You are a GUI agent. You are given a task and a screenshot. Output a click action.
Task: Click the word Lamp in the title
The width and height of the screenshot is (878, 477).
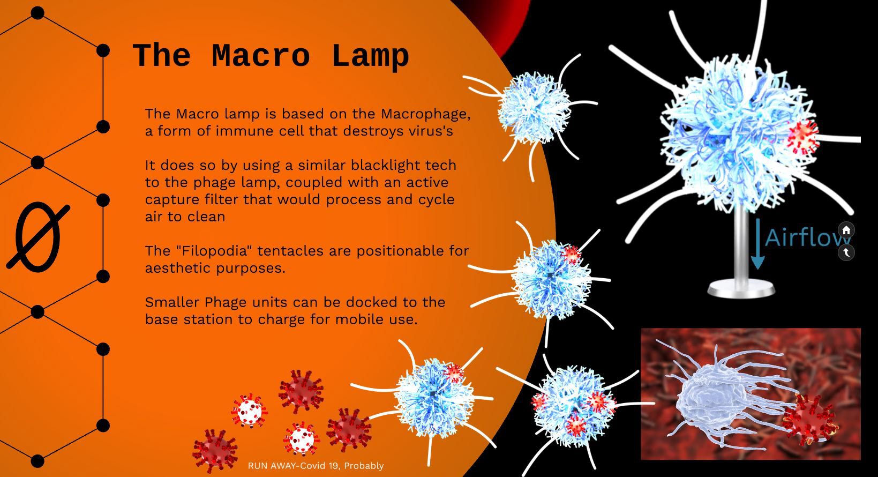[x=370, y=56]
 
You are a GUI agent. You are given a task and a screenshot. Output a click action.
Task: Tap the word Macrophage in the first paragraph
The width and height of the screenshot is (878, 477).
[x=426, y=114]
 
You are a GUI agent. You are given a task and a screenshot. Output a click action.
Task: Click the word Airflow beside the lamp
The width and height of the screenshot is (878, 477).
[x=807, y=237]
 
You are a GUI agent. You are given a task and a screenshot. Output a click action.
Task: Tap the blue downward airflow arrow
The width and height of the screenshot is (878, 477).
[x=757, y=244]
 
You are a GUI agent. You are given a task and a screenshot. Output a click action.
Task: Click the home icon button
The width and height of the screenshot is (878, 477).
[x=846, y=230]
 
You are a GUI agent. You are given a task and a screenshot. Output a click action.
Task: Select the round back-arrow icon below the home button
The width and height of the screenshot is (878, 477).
[x=846, y=252]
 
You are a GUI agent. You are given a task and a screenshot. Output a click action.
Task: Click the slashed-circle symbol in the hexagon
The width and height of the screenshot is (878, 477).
[x=37, y=237]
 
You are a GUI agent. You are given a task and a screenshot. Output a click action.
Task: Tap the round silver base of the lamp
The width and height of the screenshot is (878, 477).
[x=741, y=288]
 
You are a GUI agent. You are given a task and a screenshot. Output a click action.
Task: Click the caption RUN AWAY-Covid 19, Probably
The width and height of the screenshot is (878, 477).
[x=316, y=466]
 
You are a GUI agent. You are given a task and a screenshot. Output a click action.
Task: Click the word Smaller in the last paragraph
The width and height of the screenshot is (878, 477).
[x=172, y=302]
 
